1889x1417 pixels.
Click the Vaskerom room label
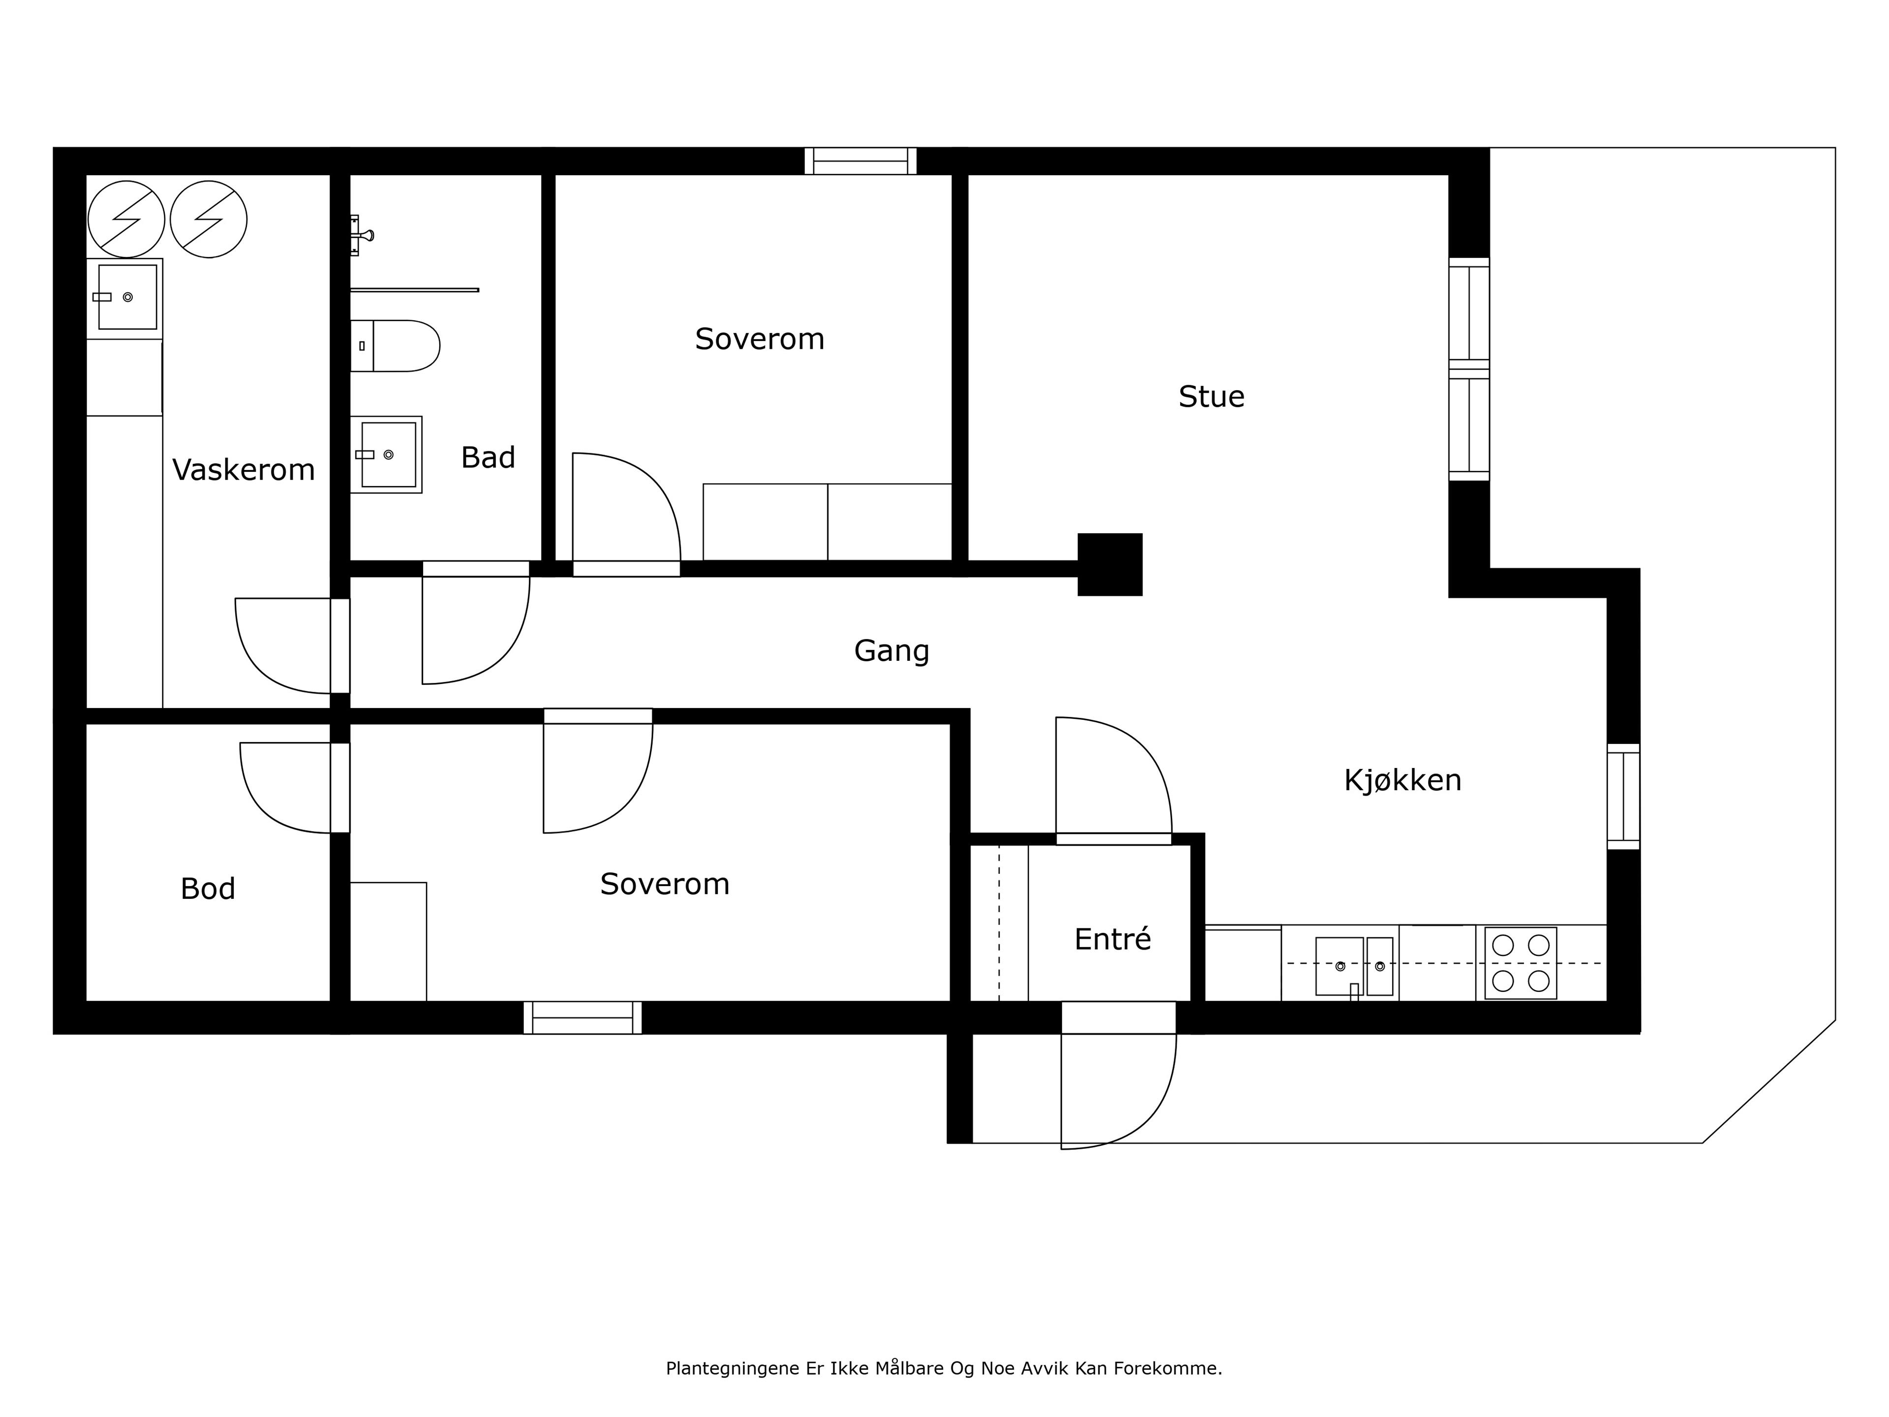(244, 470)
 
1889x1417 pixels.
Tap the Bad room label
(487, 458)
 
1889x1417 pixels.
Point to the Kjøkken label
(1402, 780)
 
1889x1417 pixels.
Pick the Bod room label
(208, 889)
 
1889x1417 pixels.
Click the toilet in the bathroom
(395, 346)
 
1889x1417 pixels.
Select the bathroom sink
(386, 455)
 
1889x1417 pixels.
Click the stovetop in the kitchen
(1520, 962)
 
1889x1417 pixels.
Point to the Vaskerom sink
(124, 297)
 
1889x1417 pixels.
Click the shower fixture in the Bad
(361, 235)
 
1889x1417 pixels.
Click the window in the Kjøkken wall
(1623, 796)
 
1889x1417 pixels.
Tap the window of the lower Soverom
(582, 1017)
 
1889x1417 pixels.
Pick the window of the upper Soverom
(860, 160)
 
